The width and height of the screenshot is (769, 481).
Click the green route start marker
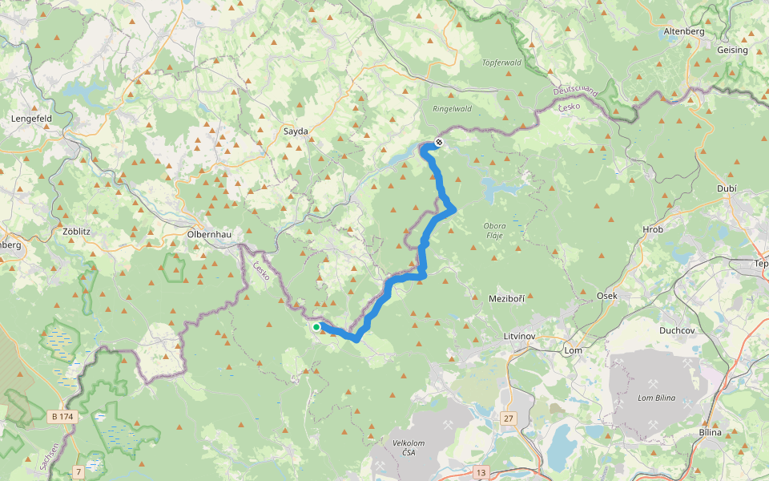[x=316, y=327]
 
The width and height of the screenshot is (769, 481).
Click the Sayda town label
[x=296, y=131]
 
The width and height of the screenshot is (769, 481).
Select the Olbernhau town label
[x=208, y=234]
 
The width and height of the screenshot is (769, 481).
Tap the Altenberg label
[x=683, y=31]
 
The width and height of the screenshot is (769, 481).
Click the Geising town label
[x=732, y=50]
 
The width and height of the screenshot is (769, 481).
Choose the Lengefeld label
[x=31, y=118]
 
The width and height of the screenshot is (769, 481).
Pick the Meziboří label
[x=506, y=298]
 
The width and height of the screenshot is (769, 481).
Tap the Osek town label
[x=607, y=296]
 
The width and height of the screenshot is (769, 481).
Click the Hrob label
[x=653, y=229]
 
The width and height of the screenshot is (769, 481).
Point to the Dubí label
[x=726, y=188]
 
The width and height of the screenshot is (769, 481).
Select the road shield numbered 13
[x=481, y=471]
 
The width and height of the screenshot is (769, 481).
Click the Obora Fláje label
[x=494, y=230]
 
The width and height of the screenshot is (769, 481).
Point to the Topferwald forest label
[x=502, y=63]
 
